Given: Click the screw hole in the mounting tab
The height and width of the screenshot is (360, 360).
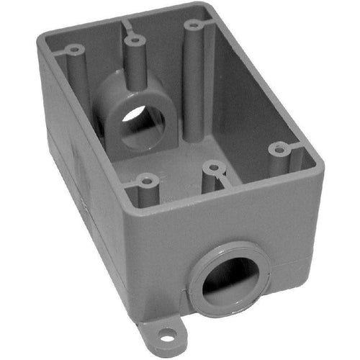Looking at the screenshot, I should pyautogui.click(x=167, y=333).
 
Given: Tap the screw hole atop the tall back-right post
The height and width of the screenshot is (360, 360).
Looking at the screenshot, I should pyautogui.click(x=193, y=25).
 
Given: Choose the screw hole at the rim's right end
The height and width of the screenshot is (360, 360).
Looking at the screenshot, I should pyautogui.click(x=280, y=150).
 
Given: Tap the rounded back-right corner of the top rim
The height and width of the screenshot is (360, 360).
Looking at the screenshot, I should pyautogui.click(x=209, y=11).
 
